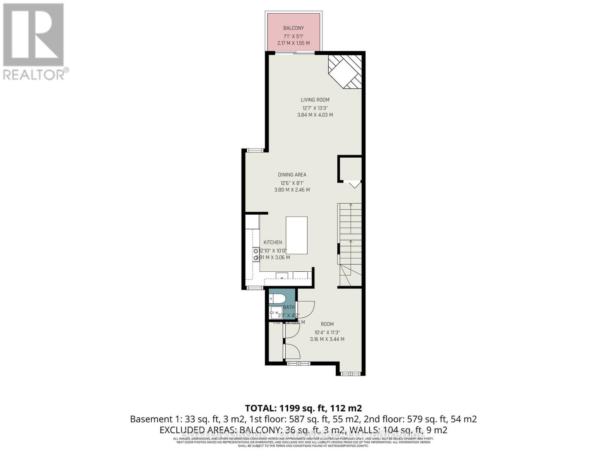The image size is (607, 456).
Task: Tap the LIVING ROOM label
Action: click(x=315, y=100)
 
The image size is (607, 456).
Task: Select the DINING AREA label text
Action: click(x=292, y=175)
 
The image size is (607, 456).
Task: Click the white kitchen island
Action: click(x=296, y=235)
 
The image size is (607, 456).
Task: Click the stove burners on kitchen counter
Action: click(x=255, y=254)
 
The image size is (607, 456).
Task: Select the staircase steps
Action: click(x=350, y=236)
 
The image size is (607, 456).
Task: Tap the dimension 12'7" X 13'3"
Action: click(x=315, y=108)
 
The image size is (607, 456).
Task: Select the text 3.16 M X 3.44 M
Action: click(x=327, y=339)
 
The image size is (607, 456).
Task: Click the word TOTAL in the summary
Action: click(x=261, y=408)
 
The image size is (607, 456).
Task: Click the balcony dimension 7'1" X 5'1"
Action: click(x=294, y=36)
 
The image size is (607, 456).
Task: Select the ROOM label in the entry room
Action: click(x=327, y=324)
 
